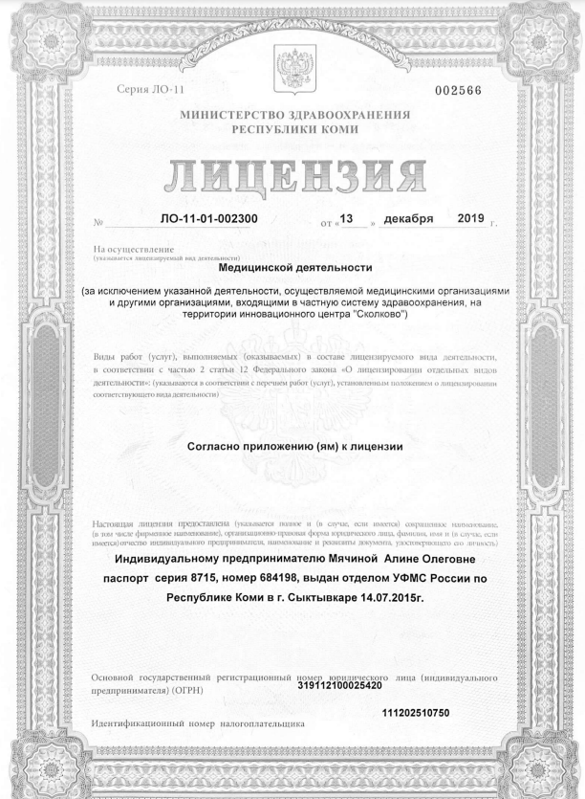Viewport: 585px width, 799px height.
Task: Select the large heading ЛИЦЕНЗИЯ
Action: (293, 175)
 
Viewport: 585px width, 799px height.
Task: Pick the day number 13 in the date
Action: (347, 222)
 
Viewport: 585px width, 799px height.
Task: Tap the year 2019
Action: (472, 222)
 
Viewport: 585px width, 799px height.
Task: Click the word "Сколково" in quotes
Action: (378, 314)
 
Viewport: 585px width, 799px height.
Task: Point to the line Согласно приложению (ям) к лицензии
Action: (295, 445)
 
